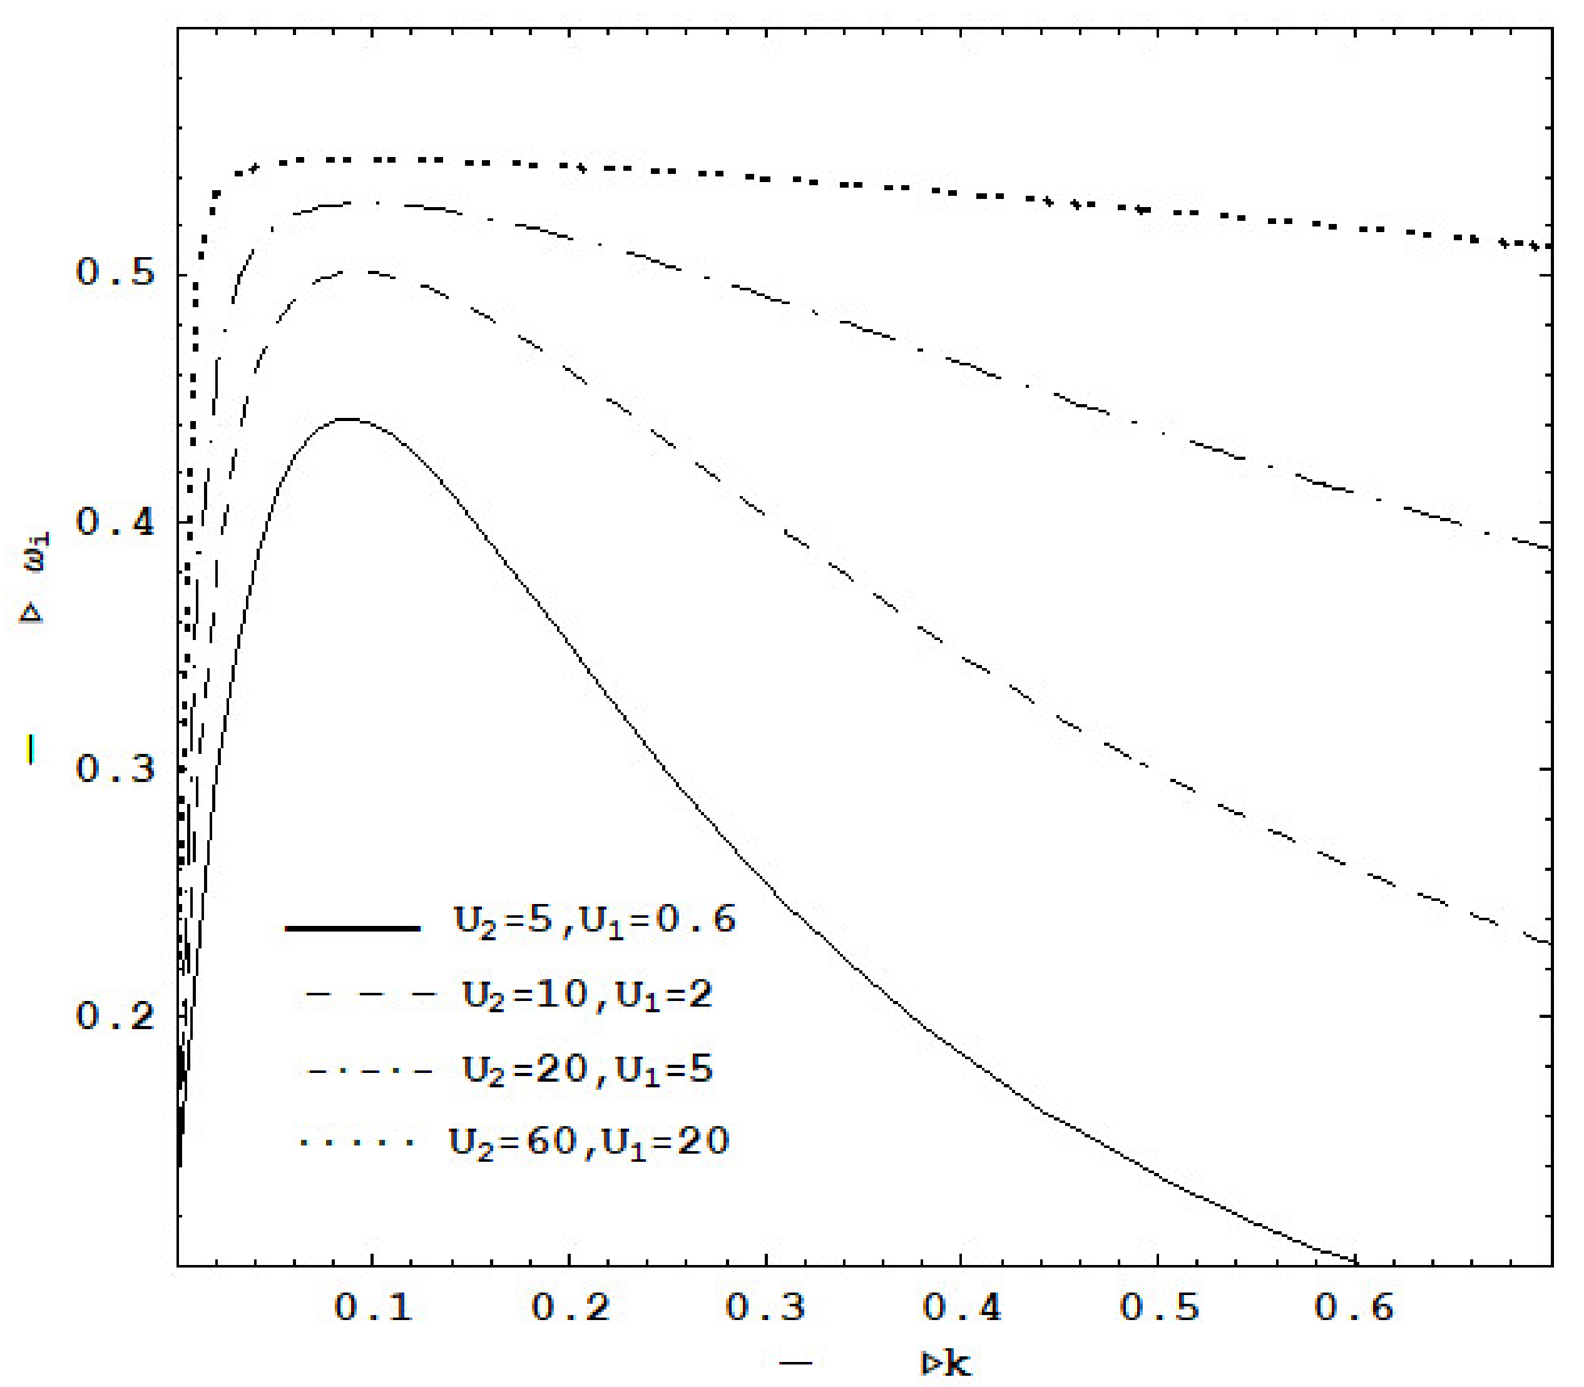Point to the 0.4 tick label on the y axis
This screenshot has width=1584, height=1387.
pyautogui.click(x=115, y=522)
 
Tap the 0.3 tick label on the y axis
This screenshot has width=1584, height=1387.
pyautogui.click(x=115, y=770)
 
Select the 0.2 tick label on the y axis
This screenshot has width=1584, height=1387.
pyautogui.click(x=115, y=1015)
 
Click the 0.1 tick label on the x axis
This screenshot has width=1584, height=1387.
pyautogui.click(x=372, y=1308)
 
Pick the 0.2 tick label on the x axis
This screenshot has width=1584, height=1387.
pyautogui.click(x=571, y=1308)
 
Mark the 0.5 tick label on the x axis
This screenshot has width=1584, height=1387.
pyautogui.click(x=1159, y=1308)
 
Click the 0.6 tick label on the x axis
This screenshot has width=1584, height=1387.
pyautogui.click(x=1354, y=1308)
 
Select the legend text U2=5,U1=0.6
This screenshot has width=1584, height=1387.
pyautogui.click(x=594, y=921)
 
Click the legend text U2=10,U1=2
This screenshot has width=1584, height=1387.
pyautogui.click(x=587, y=995)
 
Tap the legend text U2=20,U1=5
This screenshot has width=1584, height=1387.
pyautogui.click(x=587, y=1070)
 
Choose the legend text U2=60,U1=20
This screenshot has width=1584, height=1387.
pyautogui.click(x=588, y=1142)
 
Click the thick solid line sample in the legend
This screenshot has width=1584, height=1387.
pyautogui.click(x=352, y=927)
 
